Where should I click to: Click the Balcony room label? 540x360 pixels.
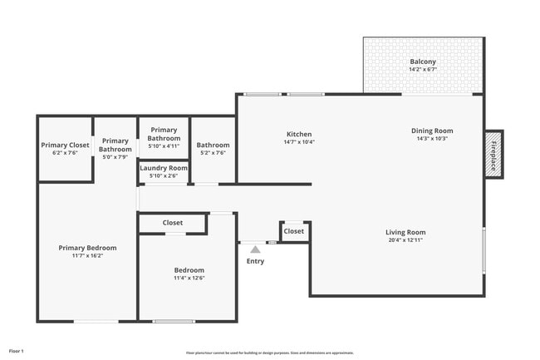click(x=422, y=62)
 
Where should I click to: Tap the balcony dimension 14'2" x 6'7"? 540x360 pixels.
click(x=422, y=70)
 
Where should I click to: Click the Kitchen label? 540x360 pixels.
click(x=299, y=134)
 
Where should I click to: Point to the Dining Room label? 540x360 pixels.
click(x=432, y=131)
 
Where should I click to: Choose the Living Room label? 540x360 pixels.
click(x=405, y=232)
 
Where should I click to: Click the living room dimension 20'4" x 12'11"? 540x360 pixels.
click(x=405, y=240)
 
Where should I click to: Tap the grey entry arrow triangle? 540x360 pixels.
click(x=255, y=249)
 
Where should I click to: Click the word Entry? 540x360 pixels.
click(x=255, y=261)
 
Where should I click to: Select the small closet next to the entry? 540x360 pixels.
click(x=294, y=231)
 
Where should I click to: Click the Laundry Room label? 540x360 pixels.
click(x=164, y=168)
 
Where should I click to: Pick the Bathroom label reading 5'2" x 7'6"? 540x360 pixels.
click(x=213, y=145)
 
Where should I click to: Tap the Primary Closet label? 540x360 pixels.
click(x=65, y=145)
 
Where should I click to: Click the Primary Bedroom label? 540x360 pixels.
click(x=87, y=248)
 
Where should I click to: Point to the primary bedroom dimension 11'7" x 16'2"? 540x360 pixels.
click(x=87, y=256)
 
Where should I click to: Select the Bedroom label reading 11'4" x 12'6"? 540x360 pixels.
click(x=189, y=270)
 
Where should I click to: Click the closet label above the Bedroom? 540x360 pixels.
click(x=173, y=223)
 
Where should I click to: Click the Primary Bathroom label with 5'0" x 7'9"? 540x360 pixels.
click(x=115, y=145)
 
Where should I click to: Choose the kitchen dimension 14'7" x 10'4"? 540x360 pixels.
click(x=299, y=142)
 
